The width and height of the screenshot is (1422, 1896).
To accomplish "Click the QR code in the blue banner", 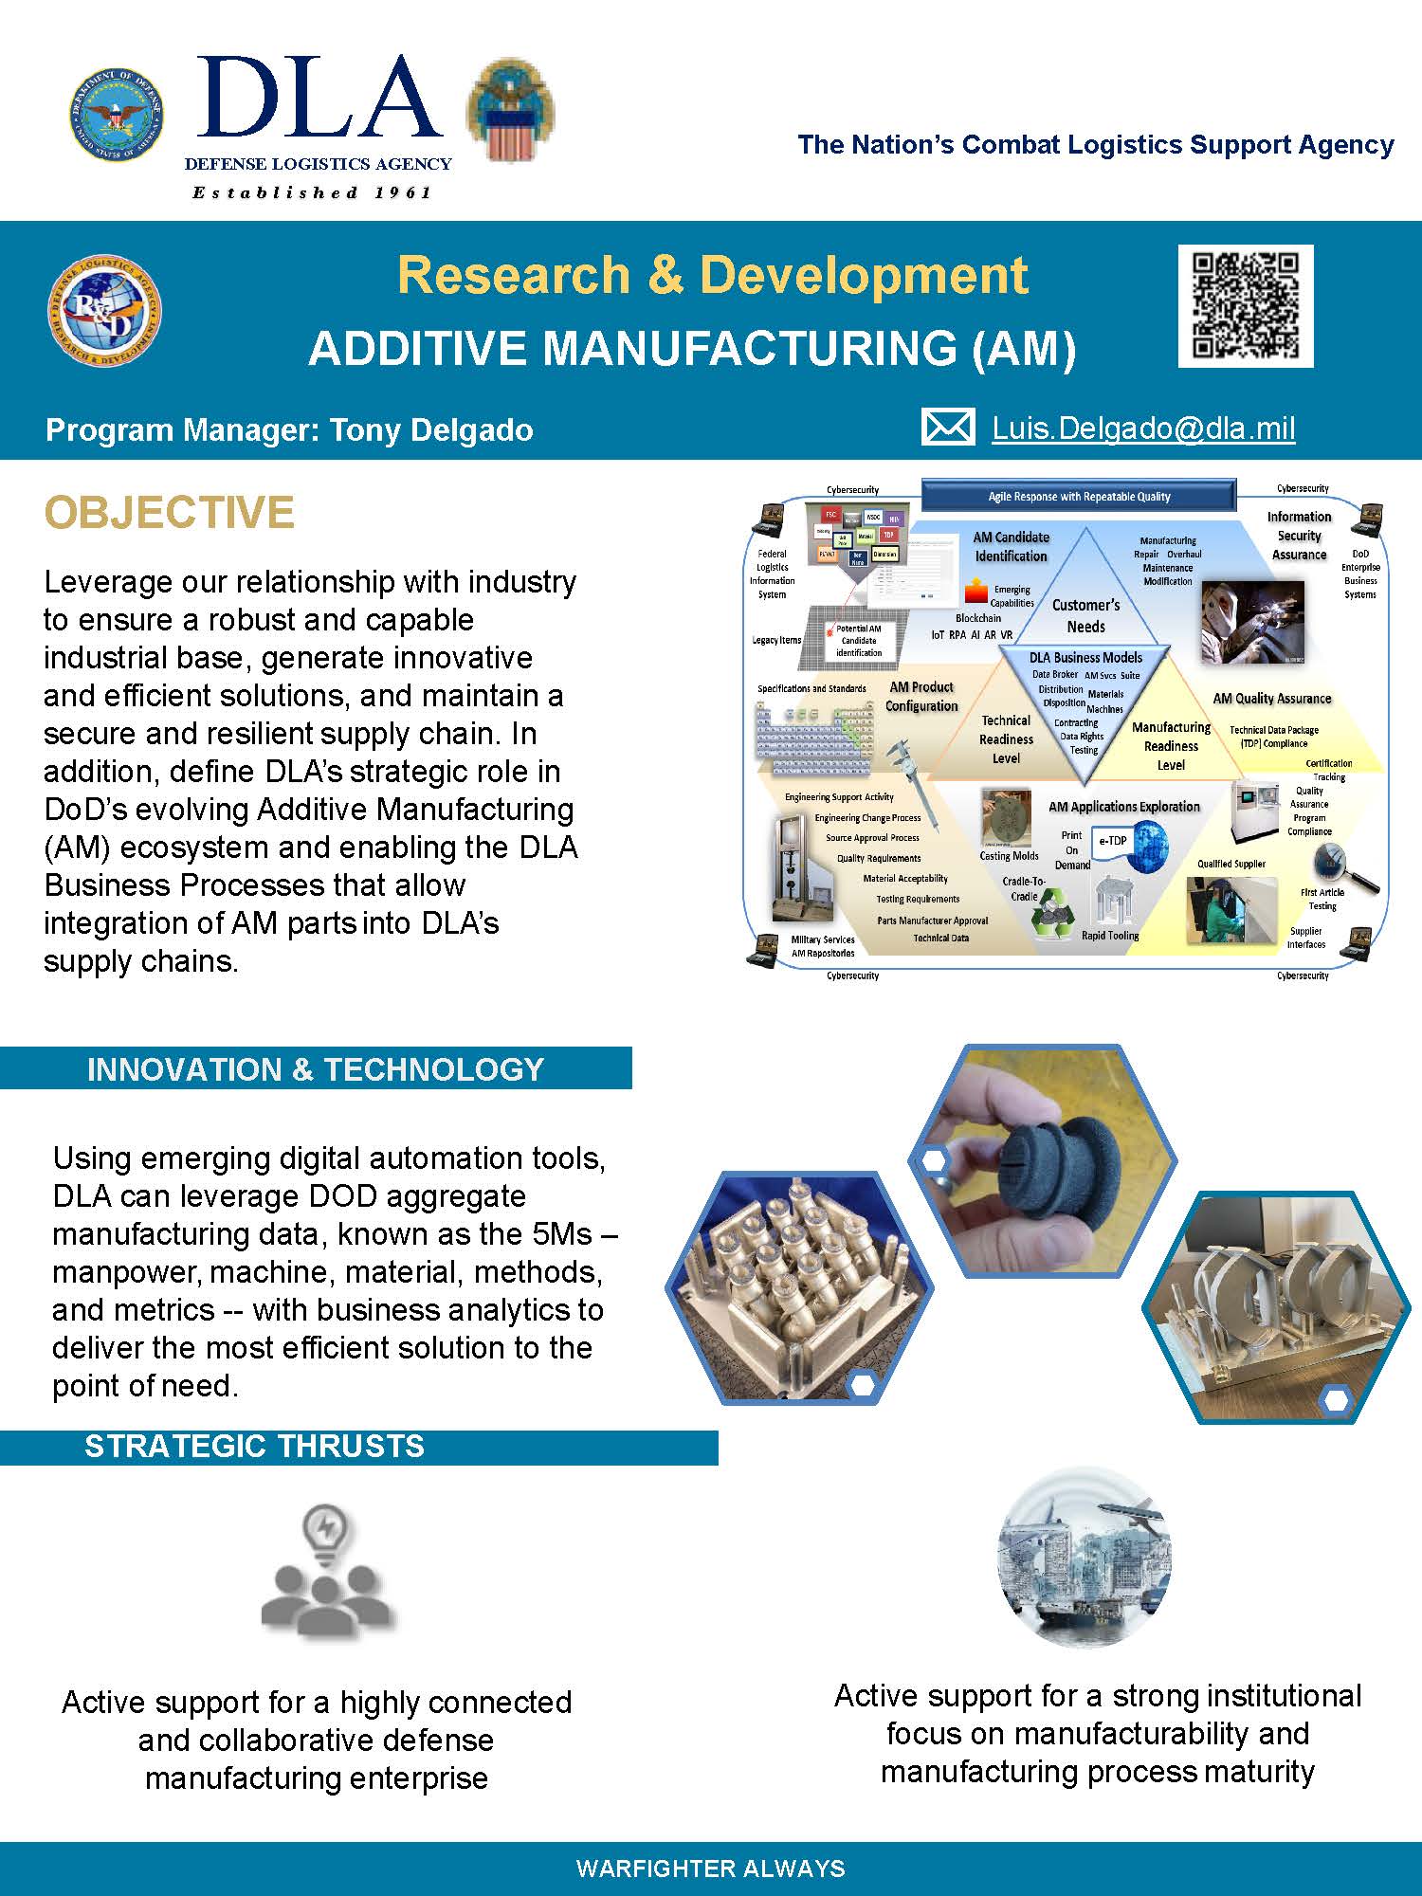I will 1245,305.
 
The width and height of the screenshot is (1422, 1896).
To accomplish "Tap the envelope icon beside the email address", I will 947,428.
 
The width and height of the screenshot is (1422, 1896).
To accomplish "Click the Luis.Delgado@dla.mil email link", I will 1143,428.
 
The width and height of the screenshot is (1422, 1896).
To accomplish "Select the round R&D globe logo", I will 104,311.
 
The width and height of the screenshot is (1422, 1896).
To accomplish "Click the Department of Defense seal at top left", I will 116,116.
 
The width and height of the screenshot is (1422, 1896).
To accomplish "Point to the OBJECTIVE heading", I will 169,513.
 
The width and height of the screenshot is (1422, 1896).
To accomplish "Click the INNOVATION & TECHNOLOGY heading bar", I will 315,1069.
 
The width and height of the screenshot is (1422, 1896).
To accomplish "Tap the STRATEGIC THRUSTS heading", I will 254,1447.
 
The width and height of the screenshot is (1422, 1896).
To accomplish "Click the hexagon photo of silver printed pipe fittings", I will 799,1287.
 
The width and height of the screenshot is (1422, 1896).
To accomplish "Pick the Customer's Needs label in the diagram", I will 1085,615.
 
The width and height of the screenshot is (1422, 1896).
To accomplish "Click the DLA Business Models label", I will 1085,657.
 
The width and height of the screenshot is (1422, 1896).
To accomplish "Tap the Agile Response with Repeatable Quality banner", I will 1079,496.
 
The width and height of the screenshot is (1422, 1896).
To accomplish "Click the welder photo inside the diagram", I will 1252,621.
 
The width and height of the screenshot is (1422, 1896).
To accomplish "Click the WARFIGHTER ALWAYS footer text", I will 710,1869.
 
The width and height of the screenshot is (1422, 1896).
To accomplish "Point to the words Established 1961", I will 312,192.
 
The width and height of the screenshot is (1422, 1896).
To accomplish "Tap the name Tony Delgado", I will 431,430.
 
